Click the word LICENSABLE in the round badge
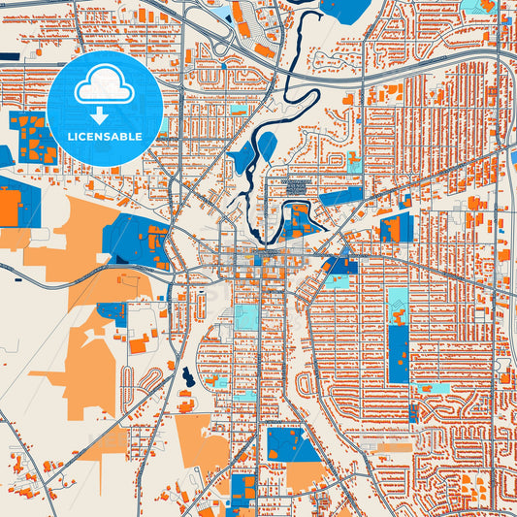pyautogui.click(x=104, y=137)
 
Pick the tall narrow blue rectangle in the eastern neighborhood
pyautogui.click(x=398, y=354)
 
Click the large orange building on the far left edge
pyautogui.click(x=10, y=208)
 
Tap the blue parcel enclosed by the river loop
pyautogui.click(x=298, y=224)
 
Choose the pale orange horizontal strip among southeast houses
pyautogui.click(x=393, y=448)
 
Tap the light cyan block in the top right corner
pyautogui.click(x=475, y=7)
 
